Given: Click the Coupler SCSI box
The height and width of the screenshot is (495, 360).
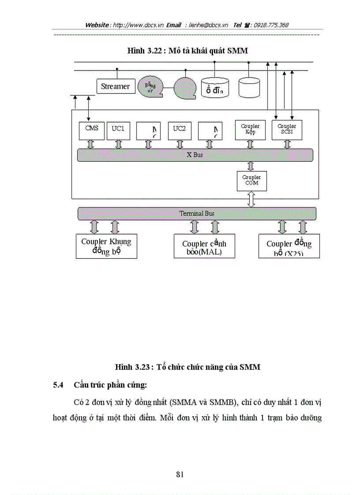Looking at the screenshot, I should point(287,130).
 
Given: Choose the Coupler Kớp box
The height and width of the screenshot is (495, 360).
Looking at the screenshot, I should point(250,130).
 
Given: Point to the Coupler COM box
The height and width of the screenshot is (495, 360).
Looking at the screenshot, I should point(251,181).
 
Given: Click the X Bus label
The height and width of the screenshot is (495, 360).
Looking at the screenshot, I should point(195,155).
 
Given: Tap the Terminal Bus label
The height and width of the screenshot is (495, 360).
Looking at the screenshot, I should point(197,213).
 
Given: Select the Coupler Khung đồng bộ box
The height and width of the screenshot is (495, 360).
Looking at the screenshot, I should point(106,246).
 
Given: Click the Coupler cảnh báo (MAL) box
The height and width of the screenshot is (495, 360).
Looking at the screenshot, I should point(204,246).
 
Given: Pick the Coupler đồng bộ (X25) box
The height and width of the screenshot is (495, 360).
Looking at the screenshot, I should point(289,246).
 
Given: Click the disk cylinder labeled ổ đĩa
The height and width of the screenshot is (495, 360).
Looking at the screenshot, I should point(215,88).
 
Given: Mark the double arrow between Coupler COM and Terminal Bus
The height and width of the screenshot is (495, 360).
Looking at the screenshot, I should point(251,199).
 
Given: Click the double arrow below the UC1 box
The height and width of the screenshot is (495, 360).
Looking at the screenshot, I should point(118,144).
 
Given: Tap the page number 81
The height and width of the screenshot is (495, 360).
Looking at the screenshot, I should point(180,474).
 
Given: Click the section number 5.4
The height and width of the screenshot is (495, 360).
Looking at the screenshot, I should point(59,385).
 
